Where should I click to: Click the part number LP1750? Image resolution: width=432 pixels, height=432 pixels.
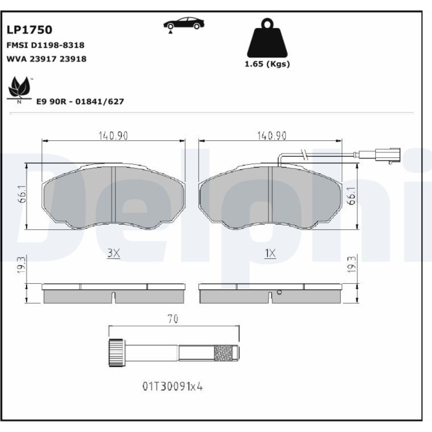(x=29, y=30)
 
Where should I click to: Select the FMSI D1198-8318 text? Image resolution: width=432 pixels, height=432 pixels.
(x=45, y=45)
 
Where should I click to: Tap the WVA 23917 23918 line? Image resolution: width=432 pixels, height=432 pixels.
(x=46, y=59)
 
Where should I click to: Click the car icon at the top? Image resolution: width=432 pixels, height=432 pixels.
(x=184, y=24)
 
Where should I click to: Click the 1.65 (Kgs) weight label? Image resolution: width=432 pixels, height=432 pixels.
(x=267, y=64)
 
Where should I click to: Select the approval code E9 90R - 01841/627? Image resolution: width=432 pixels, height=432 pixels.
(x=80, y=102)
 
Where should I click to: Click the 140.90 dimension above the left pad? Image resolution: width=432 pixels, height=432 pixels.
(x=113, y=136)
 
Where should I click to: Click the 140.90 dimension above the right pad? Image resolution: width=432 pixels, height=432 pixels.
(x=272, y=136)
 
